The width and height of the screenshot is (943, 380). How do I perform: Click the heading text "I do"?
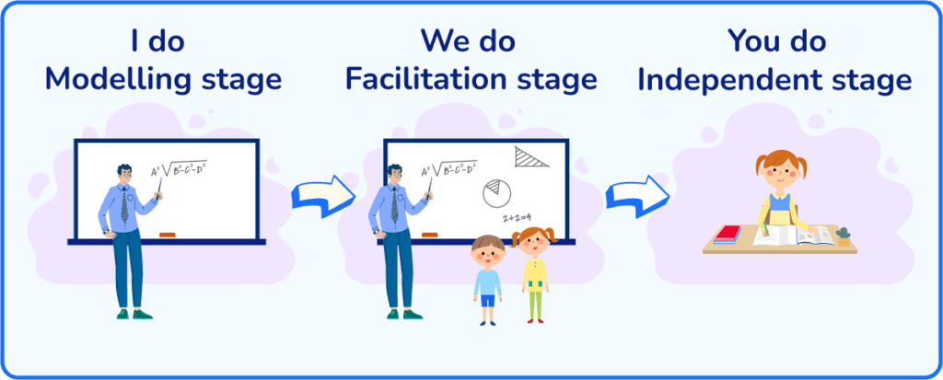(x=158, y=40)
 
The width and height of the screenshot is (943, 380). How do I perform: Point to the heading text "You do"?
(x=776, y=40)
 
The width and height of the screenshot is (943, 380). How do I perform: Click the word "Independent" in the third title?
(x=726, y=80)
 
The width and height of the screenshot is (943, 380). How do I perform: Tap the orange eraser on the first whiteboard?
(x=168, y=235)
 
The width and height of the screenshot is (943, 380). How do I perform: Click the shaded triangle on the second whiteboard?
(x=530, y=157)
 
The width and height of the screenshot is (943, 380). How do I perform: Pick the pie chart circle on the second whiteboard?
(x=496, y=193)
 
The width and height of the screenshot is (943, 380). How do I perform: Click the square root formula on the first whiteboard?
(x=180, y=169)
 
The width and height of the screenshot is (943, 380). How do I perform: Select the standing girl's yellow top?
(x=535, y=275)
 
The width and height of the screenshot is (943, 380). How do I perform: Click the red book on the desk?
(x=728, y=233)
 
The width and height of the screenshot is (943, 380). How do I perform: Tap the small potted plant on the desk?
(x=844, y=236)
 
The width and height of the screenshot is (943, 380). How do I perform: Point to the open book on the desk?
(x=793, y=236)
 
